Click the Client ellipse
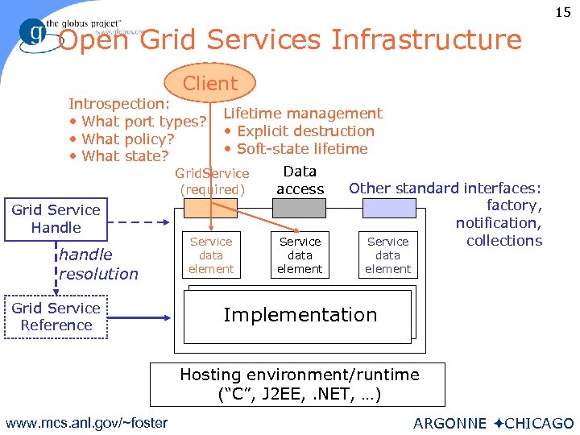[210, 83]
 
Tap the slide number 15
[562, 12]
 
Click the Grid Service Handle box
[56, 219]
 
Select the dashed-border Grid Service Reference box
[56, 317]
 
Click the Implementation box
[300, 315]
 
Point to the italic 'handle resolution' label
[98, 264]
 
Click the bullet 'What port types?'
[138, 122]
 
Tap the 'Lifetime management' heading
[303, 114]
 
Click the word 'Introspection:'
[119, 104]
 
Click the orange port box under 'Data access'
[300, 209]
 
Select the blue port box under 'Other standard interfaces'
[388, 209]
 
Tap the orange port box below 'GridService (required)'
[211, 209]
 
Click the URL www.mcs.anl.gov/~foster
[86, 423]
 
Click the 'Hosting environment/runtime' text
[300, 375]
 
